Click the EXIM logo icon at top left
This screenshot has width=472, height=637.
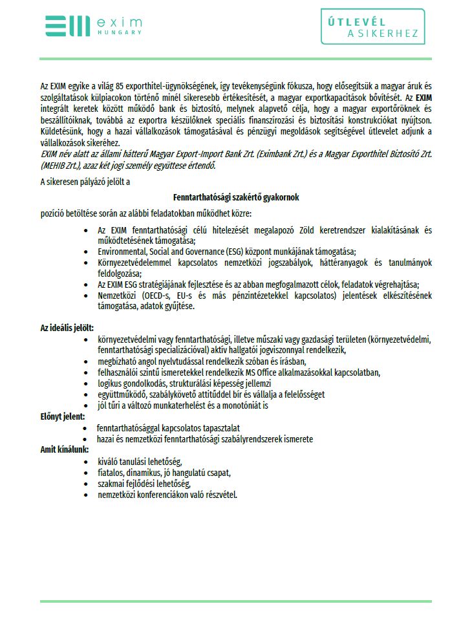coord(67,26)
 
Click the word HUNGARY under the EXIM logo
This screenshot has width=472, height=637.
coord(118,32)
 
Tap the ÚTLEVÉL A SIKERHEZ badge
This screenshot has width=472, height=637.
coord(373,27)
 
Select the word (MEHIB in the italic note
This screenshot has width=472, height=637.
coord(56,166)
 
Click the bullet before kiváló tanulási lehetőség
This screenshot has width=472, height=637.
coord(85,462)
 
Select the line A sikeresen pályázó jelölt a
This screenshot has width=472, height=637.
coord(85,182)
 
